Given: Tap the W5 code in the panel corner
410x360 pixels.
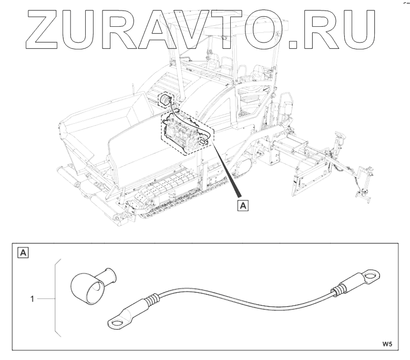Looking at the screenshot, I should click(387, 344).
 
